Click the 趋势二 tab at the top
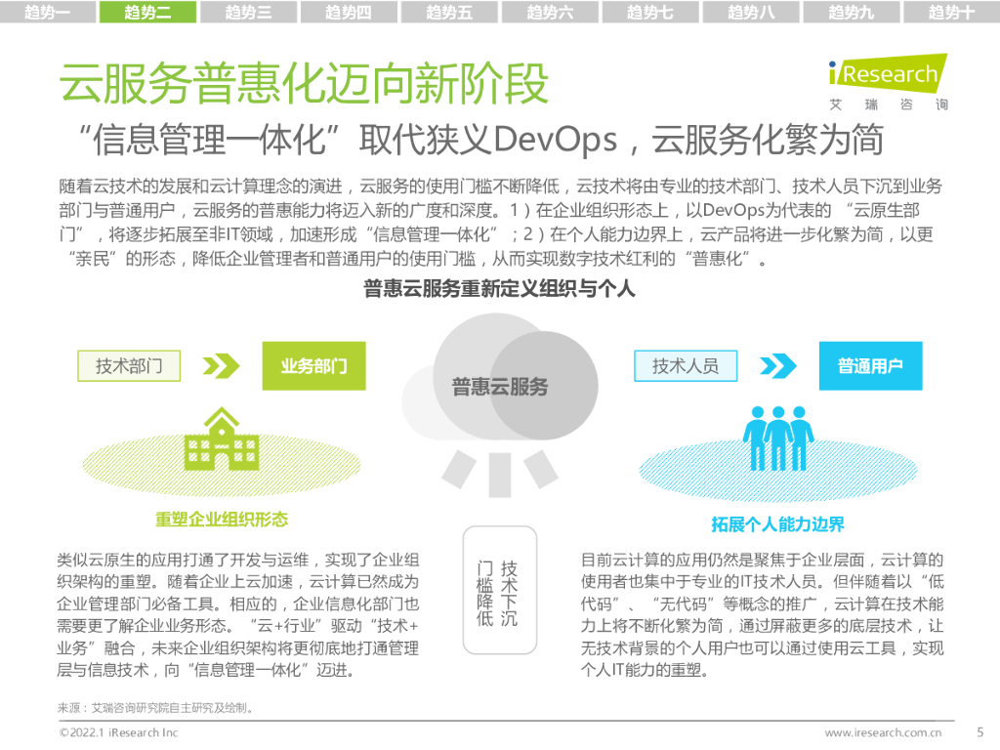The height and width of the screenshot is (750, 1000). (x=148, y=12)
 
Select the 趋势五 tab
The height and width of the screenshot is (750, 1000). (x=449, y=12)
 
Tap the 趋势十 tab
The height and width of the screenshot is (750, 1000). (x=951, y=12)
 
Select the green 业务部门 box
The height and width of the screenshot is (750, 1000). (x=314, y=366)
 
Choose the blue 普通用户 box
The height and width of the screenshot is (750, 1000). (x=870, y=366)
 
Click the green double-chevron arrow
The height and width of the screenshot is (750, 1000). (x=221, y=366)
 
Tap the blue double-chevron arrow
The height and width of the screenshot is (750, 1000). (x=778, y=366)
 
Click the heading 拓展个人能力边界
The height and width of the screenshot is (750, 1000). (x=777, y=524)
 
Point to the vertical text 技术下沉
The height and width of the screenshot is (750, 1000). (x=509, y=594)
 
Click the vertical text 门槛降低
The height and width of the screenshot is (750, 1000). (x=484, y=594)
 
